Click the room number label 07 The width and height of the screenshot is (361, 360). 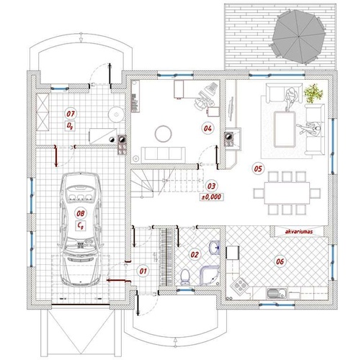coord(71,114)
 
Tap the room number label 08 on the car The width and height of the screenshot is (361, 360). coord(81,213)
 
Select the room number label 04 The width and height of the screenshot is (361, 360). coord(208,128)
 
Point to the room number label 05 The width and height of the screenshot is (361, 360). coord(258,168)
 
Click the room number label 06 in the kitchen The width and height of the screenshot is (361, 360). coord(280,261)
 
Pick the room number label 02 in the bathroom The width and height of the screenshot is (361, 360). coord(195,254)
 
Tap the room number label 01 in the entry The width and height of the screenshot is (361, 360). coord(143,271)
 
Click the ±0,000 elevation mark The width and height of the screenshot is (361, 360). coord(212,197)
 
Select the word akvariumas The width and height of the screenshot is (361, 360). coord(299,232)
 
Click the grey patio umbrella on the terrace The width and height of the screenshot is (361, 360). coord(298,36)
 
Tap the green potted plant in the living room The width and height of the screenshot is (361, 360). coord(313,93)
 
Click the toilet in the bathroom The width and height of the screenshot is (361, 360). coord(184,277)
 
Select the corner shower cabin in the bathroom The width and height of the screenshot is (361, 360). coord(210,276)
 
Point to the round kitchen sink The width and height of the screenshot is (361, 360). coord(273,294)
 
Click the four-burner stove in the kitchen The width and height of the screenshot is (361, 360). coord(239,285)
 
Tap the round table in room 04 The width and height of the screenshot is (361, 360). coord(164,134)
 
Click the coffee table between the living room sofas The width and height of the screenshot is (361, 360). coord(285,129)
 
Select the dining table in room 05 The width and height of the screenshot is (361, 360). coord(287,193)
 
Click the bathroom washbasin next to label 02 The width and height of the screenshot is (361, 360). coord(214,248)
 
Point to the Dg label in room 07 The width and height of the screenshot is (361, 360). coord(69,126)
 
